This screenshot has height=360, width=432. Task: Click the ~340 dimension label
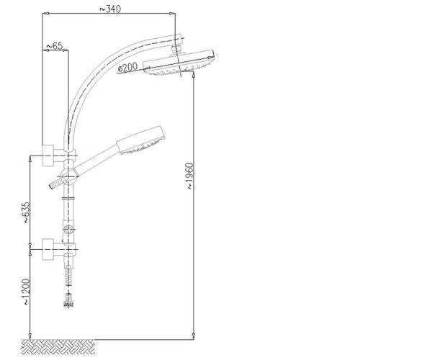pyautogui.click(x=110, y=9)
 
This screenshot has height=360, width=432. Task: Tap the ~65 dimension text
pyautogui.click(x=55, y=46)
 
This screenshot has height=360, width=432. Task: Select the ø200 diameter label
pyautogui.click(x=127, y=67)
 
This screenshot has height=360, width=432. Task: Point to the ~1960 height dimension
pyautogui.click(x=190, y=176)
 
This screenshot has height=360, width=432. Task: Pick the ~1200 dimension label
pyautogui.click(x=26, y=292)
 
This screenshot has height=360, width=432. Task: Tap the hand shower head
pyautogui.click(x=141, y=140)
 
